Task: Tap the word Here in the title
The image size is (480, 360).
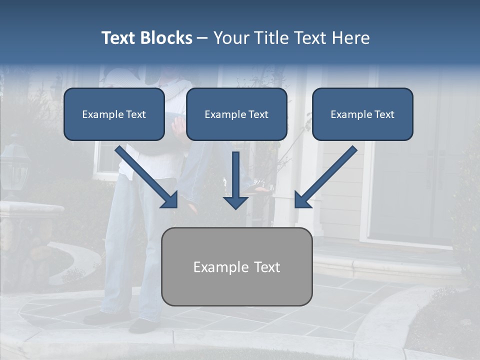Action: click(x=351, y=38)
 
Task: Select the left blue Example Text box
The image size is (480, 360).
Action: click(x=114, y=114)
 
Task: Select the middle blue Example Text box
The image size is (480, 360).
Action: click(x=236, y=114)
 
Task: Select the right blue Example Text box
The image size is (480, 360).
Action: click(x=362, y=114)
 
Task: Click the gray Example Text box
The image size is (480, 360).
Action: click(x=236, y=266)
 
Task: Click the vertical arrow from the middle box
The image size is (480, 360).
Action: click(x=235, y=177)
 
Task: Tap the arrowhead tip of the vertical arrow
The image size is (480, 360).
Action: click(x=235, y=207)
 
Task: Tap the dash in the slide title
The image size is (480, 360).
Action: click(x=202, y=38)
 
